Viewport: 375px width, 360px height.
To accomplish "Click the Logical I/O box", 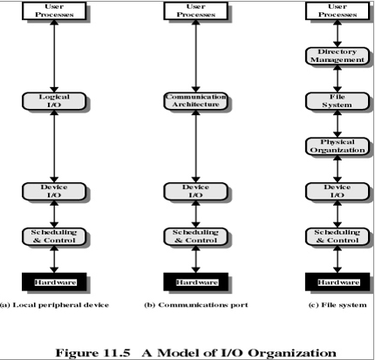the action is (x=54, y=101).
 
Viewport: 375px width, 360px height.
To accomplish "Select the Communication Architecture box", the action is (x=195, y=101).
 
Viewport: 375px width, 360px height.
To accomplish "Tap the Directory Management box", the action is (x=337, y=56).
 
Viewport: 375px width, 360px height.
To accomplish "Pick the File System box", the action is (x=337, y=101).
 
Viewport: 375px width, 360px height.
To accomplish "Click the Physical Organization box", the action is (x=337, y=146).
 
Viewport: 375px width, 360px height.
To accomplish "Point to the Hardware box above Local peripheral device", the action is (x=54, y=282).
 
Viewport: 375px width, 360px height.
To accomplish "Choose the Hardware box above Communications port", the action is (x=195, y=282).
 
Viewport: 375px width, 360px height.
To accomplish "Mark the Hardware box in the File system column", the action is (x=337, y=282).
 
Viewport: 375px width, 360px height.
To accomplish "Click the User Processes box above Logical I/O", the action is (x=54, y=11).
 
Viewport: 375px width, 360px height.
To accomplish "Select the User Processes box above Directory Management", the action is (x=337, y=11).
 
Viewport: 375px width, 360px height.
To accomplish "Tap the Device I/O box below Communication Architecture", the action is (x=195, y=192).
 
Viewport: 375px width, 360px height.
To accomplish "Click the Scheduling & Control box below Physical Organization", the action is (x=337, y=236).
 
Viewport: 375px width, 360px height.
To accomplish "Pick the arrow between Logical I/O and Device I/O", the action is (x=54, y=146).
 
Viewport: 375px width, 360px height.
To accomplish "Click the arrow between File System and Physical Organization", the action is (x=337, y=124).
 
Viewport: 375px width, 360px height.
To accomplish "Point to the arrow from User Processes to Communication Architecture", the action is (x=195, y=56).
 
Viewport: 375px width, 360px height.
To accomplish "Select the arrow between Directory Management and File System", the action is (x=337, y=78).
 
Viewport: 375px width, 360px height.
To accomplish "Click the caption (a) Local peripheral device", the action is (x=54, y=305).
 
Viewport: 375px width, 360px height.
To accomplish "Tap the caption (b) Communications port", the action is (x=196, y=305).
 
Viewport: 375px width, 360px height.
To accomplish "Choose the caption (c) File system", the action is (x=337, y=305).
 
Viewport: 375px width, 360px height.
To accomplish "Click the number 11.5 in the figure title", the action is (x=116, y=353).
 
